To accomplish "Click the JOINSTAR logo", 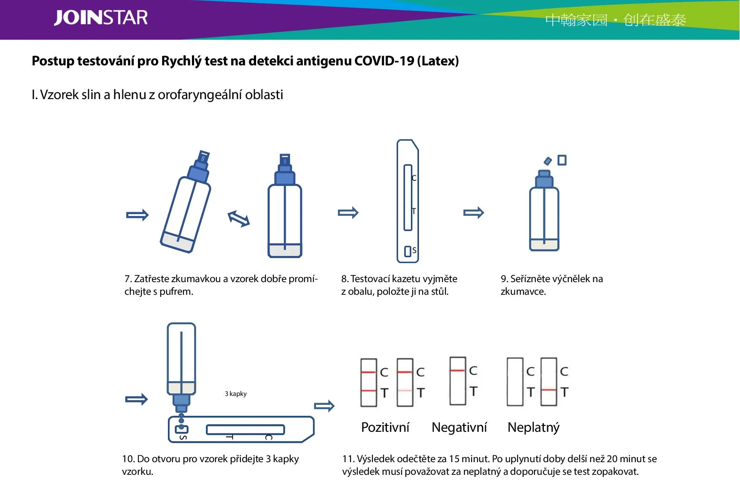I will [x=101, y=18].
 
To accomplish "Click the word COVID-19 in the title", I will [x=384, y=61].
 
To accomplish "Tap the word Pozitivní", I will [x=385, y=427].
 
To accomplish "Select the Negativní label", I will [x=459, y=427].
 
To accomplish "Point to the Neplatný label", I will [x=533, y=427].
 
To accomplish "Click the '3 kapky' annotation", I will [x=235, y=394].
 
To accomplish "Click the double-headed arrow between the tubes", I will [x=239, y=218].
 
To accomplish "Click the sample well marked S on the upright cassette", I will [x=408, y=251].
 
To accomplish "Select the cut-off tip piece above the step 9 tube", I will [x=548, y=161].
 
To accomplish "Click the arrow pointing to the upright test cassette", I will [x=348, y=213].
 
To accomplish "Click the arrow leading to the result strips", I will [x=324, y=406].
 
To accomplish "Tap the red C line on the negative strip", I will [x=457, y=371].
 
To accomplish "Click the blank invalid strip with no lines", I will [x=515, y=382].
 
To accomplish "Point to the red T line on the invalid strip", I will [x=548, y=390].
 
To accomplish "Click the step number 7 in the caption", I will [x=127, y=279].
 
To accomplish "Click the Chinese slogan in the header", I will [x=615, y=20].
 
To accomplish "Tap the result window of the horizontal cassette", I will [x=245, y=430].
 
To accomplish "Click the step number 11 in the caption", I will [x=348, y=459].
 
